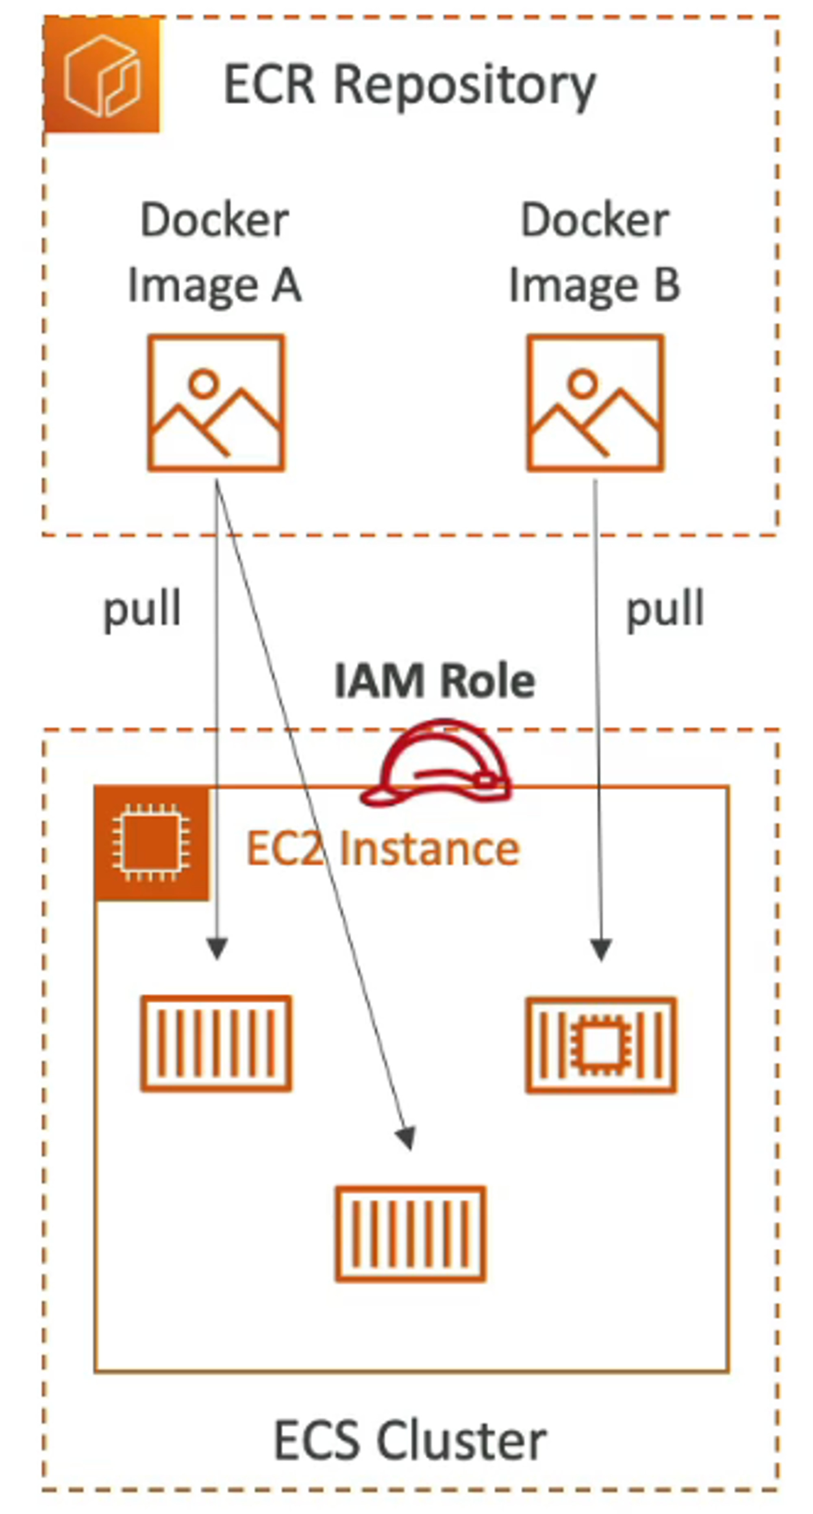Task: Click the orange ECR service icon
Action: point(102,75)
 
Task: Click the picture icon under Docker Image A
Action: point(216,403)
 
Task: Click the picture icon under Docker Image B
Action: point(596,403)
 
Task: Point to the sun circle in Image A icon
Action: point(204,383)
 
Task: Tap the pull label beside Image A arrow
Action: point(141,610)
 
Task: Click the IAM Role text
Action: point(435,681)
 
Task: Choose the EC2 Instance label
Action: point(383,849)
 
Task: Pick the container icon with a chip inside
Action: point(600,1045)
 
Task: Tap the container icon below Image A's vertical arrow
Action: point(216,1043)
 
